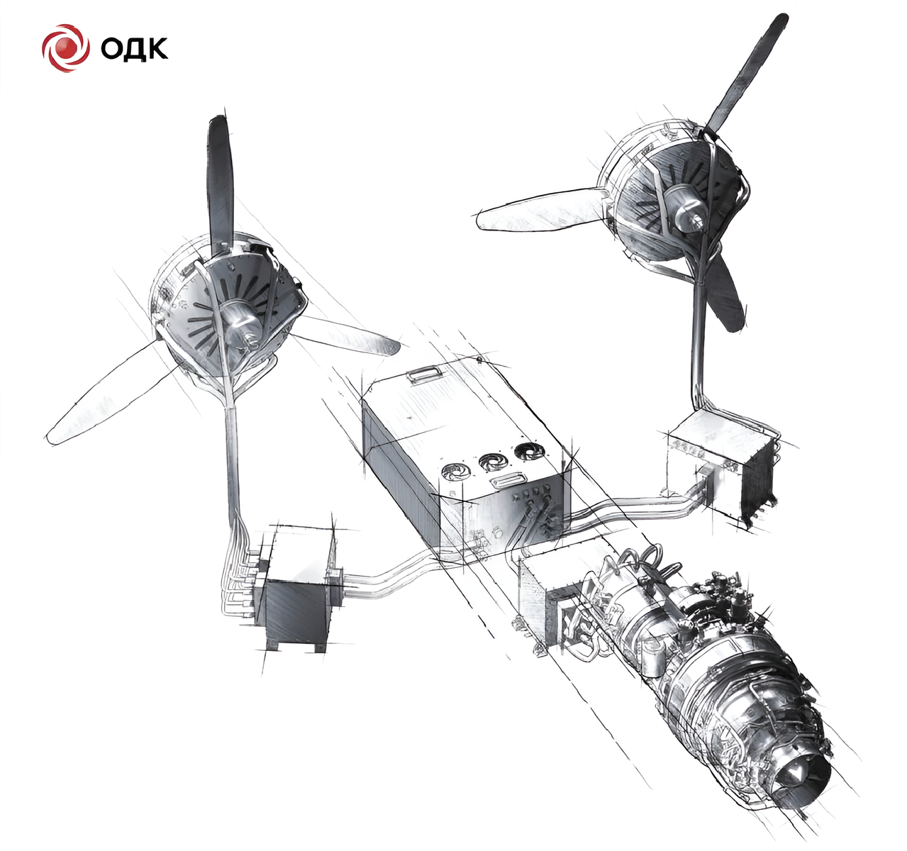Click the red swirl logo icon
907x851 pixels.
pos(65,48)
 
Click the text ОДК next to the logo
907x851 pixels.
pos(134,48)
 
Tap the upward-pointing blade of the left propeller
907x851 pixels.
pos(221,183)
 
